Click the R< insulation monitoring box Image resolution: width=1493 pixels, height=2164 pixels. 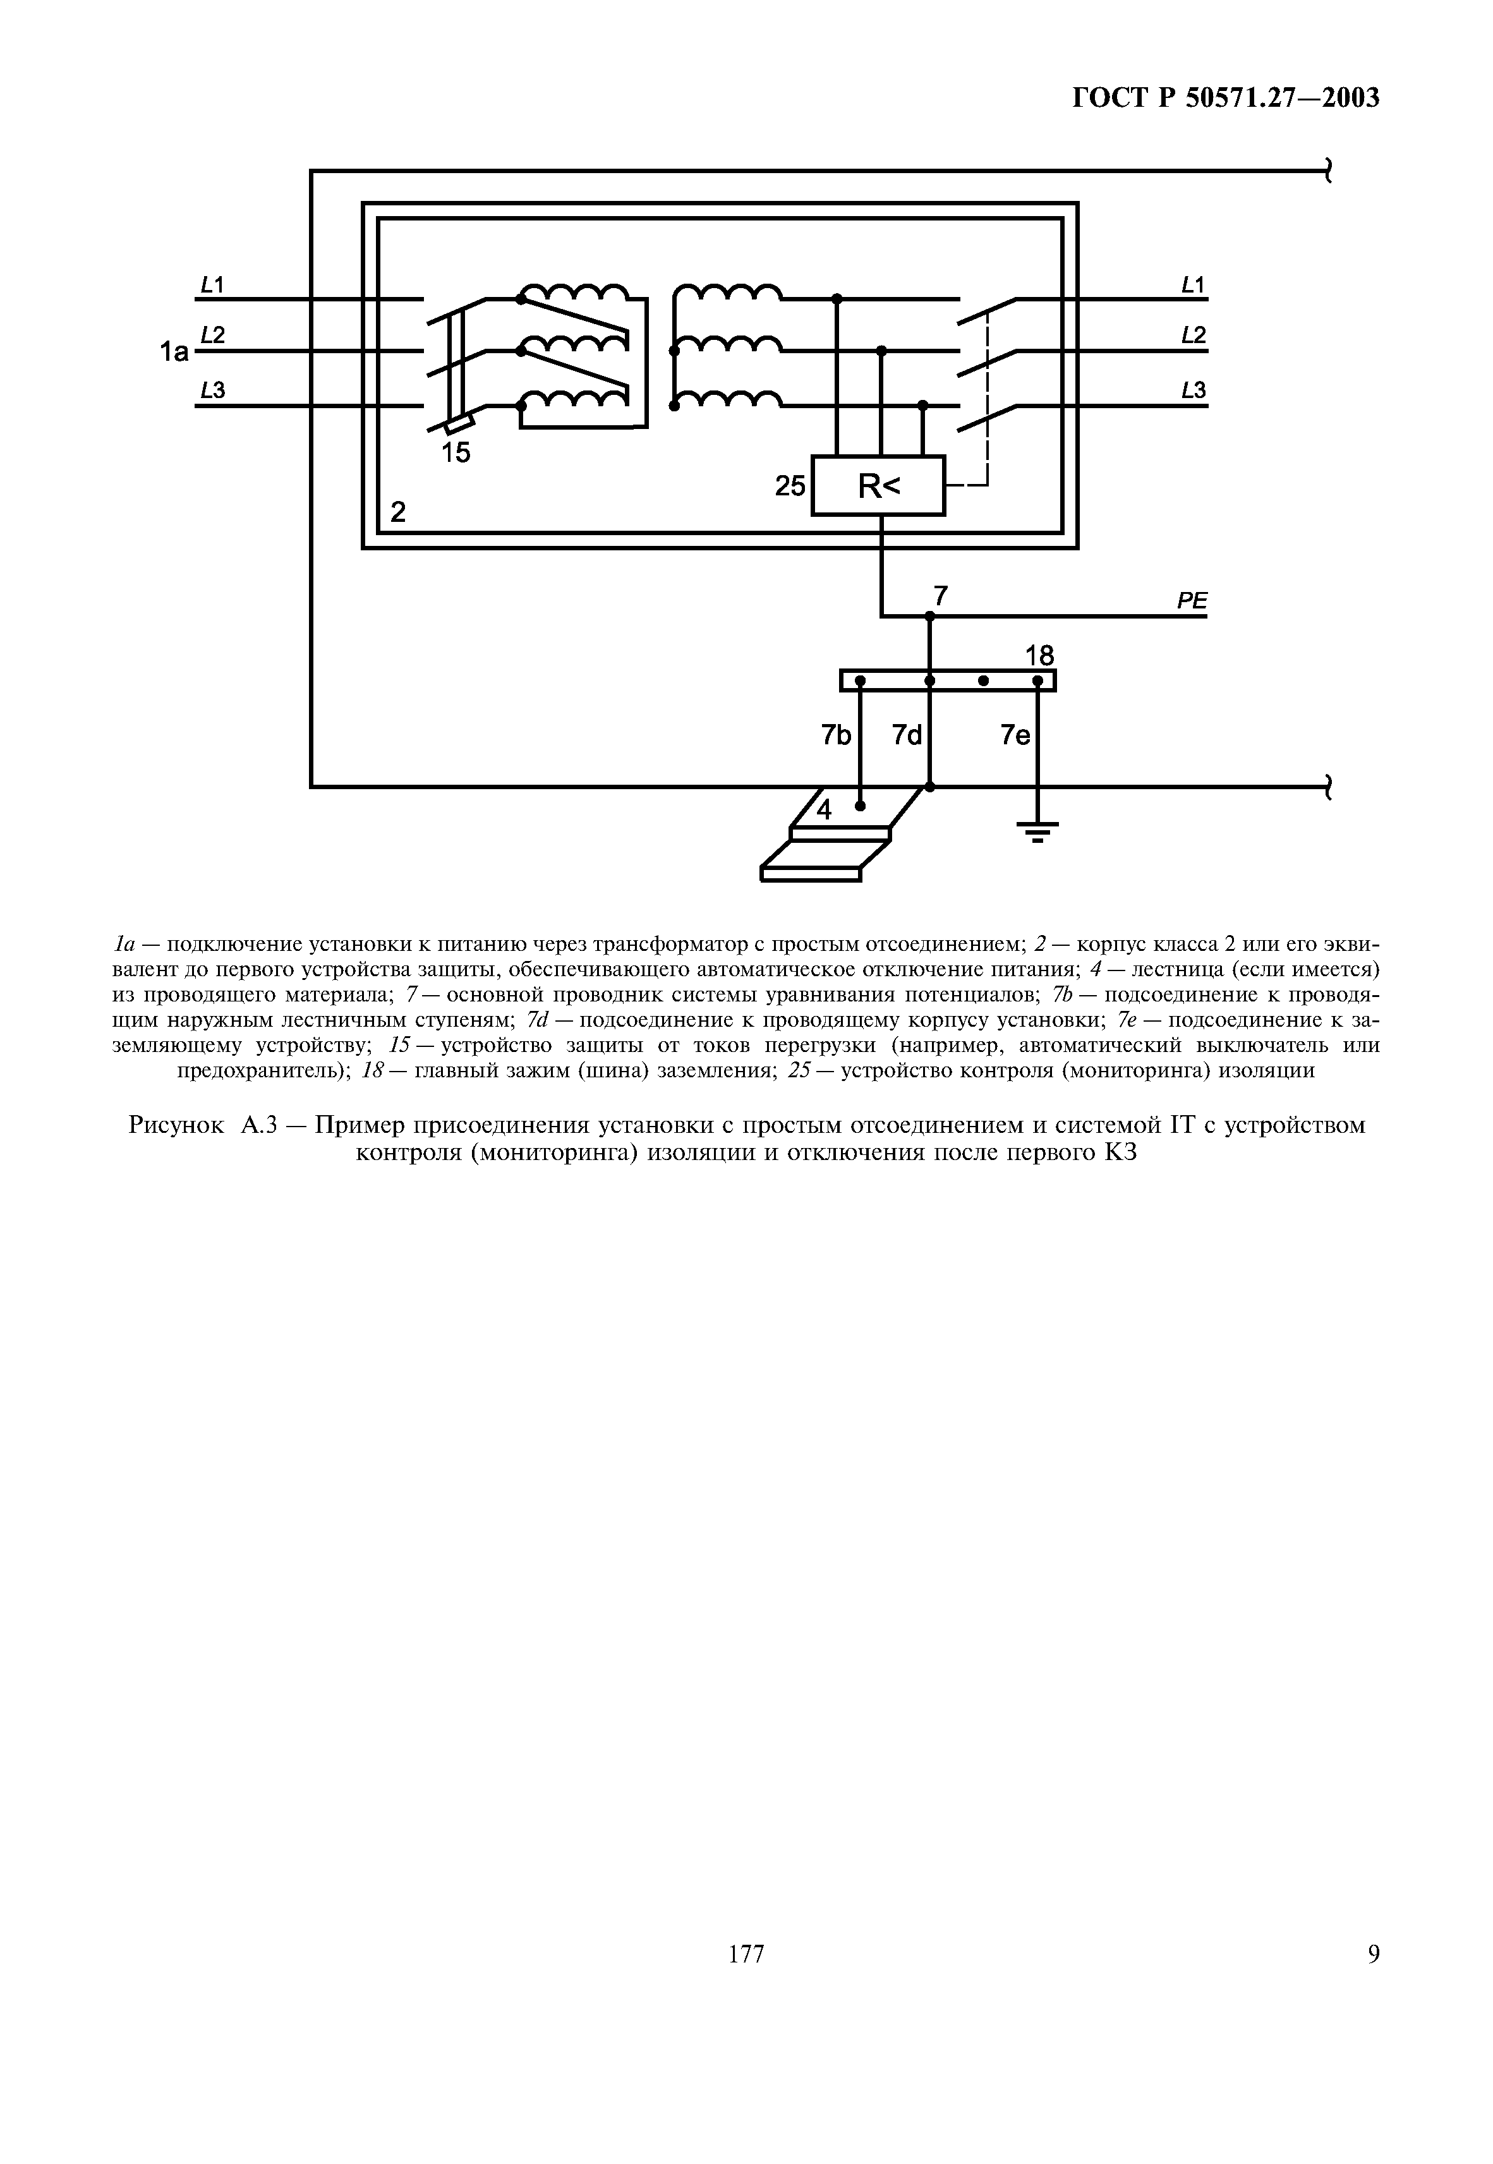878,485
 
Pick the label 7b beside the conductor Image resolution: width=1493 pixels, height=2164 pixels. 837,736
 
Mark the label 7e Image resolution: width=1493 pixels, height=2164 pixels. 1015,736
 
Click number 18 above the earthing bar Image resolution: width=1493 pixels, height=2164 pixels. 1039,656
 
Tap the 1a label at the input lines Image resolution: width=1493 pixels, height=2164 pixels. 174,352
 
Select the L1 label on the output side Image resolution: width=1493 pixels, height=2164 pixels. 1193,284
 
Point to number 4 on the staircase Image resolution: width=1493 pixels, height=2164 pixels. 823,810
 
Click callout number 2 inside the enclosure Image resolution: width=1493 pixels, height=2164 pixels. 399,512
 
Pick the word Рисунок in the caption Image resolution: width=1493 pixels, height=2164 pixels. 176,1125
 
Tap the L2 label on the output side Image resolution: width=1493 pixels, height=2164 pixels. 1193,335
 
